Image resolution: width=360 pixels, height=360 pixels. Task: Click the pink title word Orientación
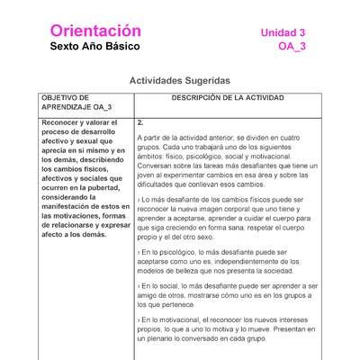click(x=96, y=31)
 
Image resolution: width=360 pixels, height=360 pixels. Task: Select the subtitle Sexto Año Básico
click(x=96, y=47)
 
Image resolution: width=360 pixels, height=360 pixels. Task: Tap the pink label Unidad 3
click(x=283, y=32)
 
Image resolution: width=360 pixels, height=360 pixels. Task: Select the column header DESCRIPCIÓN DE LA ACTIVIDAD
click(x=227, y=97)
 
